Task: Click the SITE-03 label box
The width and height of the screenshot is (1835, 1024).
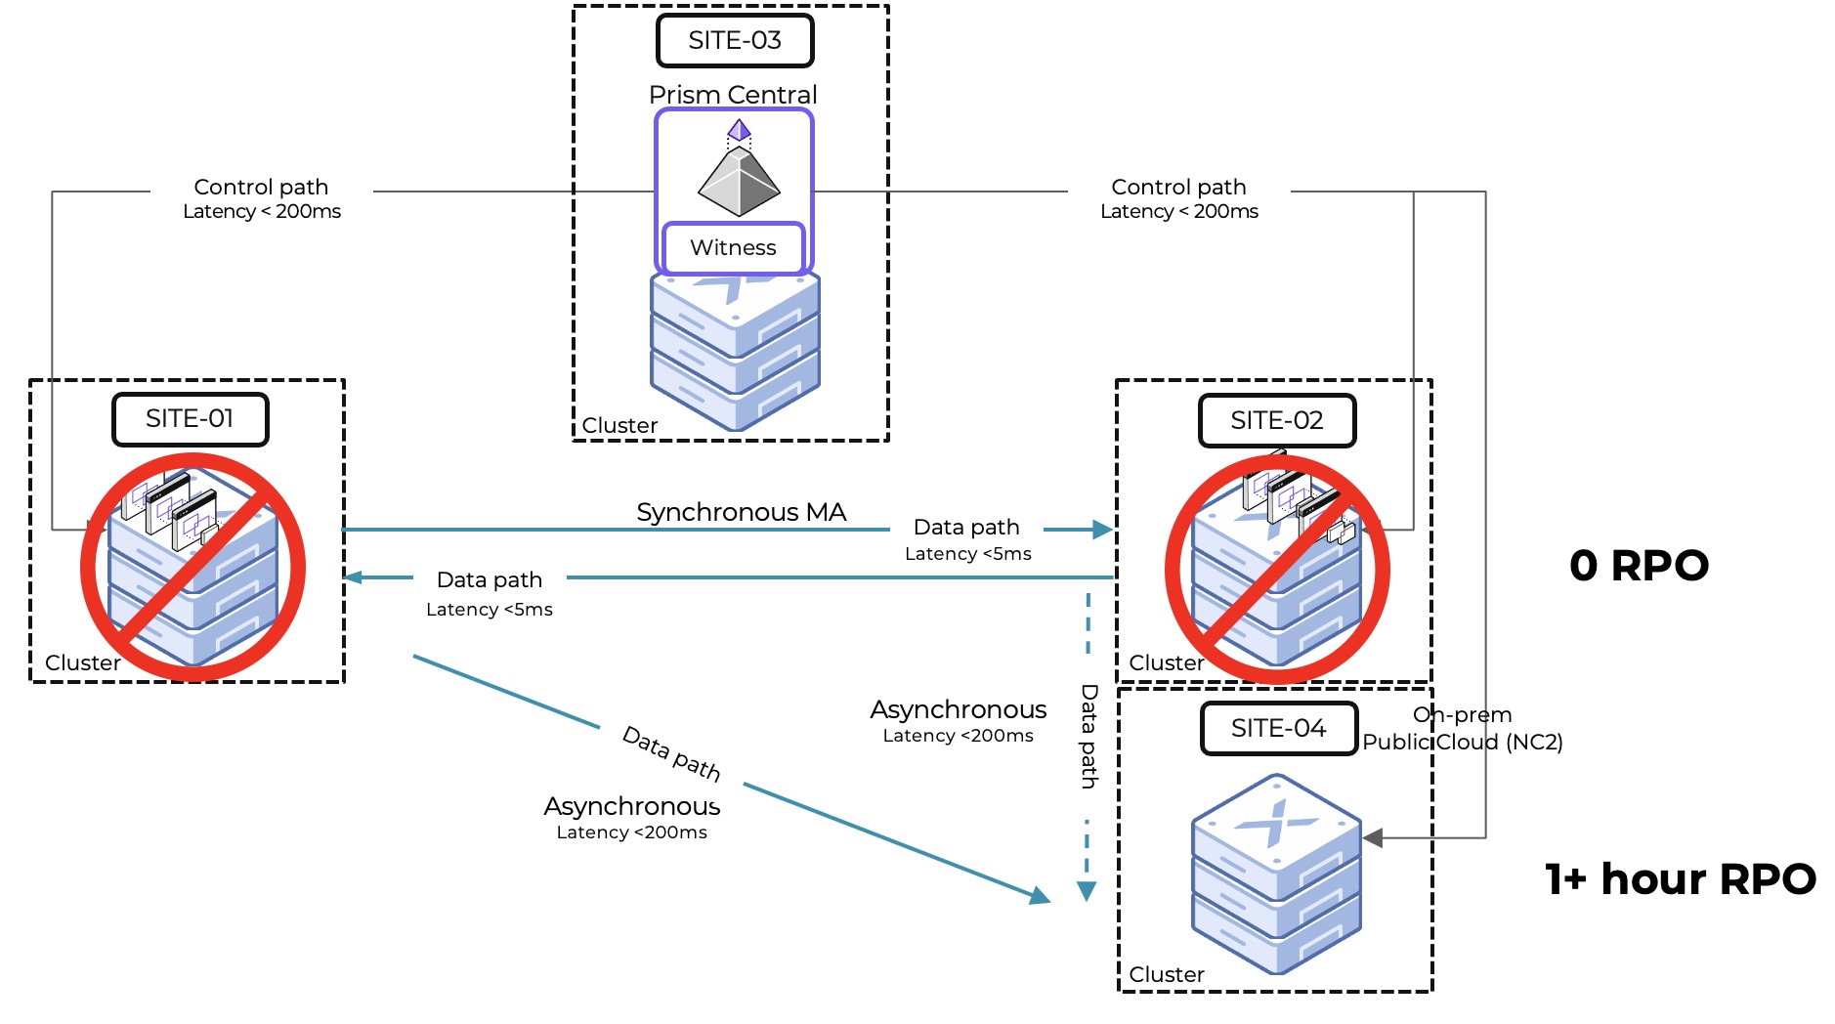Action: point(735,41)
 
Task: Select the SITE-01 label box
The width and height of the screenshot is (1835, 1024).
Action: point(191,419)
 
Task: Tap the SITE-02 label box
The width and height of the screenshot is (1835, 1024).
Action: point(1277,421)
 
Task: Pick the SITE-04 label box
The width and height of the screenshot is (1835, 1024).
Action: point(1278,729)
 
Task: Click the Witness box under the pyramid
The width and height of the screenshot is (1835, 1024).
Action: point(733,248)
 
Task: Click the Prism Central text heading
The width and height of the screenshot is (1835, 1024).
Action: point(733,95)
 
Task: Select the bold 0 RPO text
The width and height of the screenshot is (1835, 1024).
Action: point(1639,566)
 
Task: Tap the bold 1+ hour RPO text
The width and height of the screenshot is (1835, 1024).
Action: point(1680,879)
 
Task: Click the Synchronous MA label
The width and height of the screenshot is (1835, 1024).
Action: point(741,512)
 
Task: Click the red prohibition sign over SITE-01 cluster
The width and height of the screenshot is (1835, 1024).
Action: point(192,567)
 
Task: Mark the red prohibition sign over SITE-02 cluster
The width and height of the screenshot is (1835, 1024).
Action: point(1277,569)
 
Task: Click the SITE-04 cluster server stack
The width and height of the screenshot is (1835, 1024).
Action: point(1276,875)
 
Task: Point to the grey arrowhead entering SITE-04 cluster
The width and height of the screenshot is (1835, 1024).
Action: point(1373,838)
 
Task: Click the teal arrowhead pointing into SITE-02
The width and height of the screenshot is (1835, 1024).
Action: point(1102,530)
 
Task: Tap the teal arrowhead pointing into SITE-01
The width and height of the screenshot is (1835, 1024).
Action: point(354,577)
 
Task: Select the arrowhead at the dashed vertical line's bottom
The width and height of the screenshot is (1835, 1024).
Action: point(1087,891)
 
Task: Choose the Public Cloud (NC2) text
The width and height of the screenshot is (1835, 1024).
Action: point(1463,743)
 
